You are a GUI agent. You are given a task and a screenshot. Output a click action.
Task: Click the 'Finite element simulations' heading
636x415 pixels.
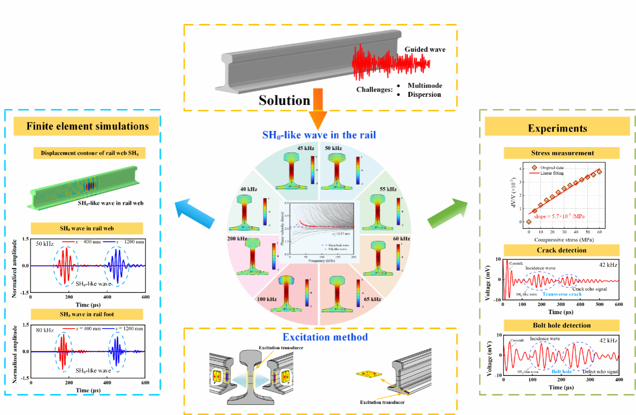(88, 126)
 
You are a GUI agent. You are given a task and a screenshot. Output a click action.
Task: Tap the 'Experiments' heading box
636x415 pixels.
(557, 128)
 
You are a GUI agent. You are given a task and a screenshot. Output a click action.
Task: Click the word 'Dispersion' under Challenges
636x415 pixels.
(424, 94)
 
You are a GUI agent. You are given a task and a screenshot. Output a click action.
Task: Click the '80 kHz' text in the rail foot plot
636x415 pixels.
(45, 330)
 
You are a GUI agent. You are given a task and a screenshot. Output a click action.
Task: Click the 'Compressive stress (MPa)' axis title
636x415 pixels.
(561, 240)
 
